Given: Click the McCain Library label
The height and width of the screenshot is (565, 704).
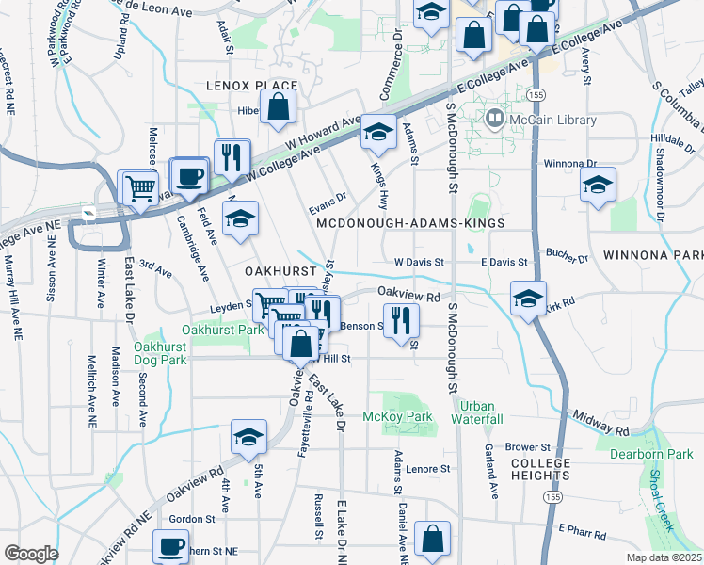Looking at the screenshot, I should point(553,120).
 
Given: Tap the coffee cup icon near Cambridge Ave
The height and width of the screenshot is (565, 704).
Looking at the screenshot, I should point(189,176).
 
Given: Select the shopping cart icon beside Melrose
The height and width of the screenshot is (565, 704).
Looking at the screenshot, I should point(140,187).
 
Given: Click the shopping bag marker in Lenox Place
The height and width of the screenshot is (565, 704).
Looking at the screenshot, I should point(279,108).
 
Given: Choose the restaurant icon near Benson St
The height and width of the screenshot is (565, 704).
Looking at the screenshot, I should point(401,320).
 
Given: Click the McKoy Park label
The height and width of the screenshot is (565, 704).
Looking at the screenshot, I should point(397,416).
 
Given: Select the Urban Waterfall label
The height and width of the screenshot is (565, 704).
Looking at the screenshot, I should point(476,412).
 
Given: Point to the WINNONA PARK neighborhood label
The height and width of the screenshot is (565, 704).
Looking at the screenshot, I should point(653,255).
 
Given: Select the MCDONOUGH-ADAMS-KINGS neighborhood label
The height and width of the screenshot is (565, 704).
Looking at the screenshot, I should point(411,223).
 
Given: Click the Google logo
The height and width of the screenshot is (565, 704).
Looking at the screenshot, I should point(32,553).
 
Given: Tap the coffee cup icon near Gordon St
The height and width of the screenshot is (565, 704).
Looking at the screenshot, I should point(170,546).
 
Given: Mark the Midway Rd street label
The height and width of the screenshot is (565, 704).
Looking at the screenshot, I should point(597,423).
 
